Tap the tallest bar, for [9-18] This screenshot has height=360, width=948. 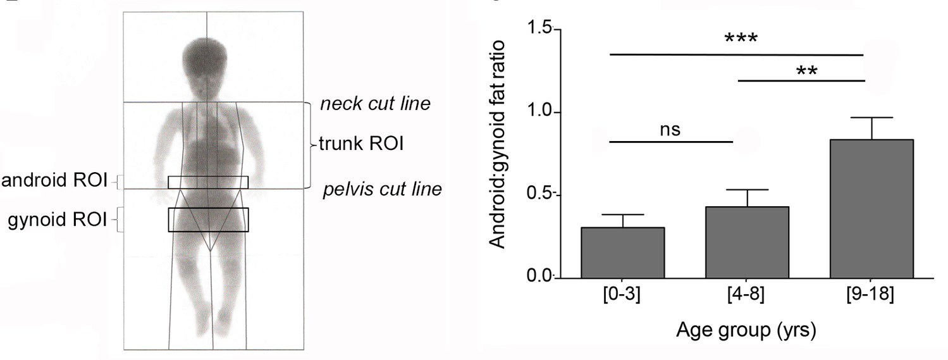872,208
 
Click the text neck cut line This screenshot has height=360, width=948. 375,103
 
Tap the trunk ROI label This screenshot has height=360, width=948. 360,145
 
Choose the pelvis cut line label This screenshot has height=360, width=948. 382,189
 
